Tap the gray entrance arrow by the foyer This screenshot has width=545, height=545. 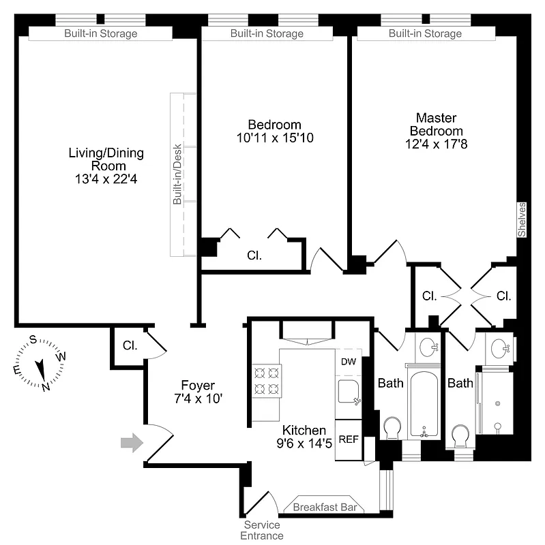pos(132,443)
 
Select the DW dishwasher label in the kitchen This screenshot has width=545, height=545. pos(348,362)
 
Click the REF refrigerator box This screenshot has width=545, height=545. pos(349,439)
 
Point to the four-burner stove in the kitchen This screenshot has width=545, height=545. pos(267,381)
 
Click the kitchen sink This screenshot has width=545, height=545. pos(350,392)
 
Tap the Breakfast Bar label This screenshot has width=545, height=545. pos(324,508)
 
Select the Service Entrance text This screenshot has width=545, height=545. pos(261,530)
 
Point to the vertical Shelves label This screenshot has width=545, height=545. pos(522,219)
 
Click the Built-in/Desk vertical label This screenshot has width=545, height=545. pos(177,174)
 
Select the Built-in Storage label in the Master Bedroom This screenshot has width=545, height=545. pos(425,33)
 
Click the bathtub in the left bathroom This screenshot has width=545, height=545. pos(424,403)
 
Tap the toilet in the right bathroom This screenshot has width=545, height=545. pos(461,435)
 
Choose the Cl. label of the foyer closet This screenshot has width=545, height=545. pos(130,345)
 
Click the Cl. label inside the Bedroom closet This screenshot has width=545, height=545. pos(254,256)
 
